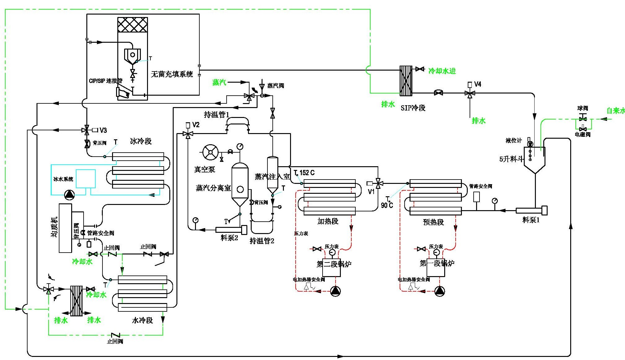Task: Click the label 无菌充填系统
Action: click(x=172, y=74)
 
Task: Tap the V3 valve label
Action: click(x=103, y=130)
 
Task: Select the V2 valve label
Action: click(x=196, y=125)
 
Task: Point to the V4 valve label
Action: click(x=478, y=84)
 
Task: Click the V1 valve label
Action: click(x=371, y=192)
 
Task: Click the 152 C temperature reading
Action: click(x=307, y=173)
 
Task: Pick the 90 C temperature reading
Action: click(x=387, y=205)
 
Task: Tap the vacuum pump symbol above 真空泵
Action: click(x=211, y=152)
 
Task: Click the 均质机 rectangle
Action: click(x=65, y=228)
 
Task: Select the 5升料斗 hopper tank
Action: click(x=534, y=159)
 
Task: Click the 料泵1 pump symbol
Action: click(x=531, y=210)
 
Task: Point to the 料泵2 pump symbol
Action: click(x=231, y=230)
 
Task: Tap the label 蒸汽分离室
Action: click(x=213, y=188)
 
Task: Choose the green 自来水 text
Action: click(x=615, y=111)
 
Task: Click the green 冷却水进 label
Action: click(x=442, y=71)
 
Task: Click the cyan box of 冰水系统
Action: click(x=86, y=179)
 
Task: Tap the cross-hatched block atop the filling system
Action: click(x=132, y=25)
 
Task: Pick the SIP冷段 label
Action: click(x=413, y=108)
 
